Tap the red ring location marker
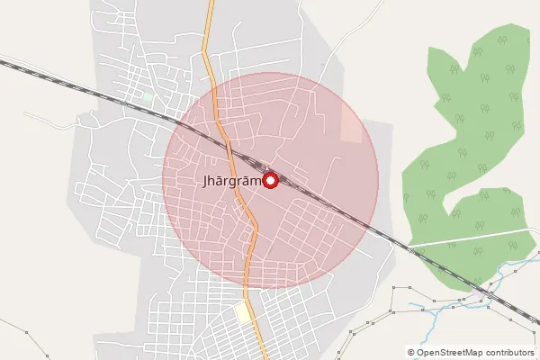270,180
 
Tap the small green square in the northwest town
148,95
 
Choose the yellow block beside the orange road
243,312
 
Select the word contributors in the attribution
512,352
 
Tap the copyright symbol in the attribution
411,352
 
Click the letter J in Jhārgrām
207,181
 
